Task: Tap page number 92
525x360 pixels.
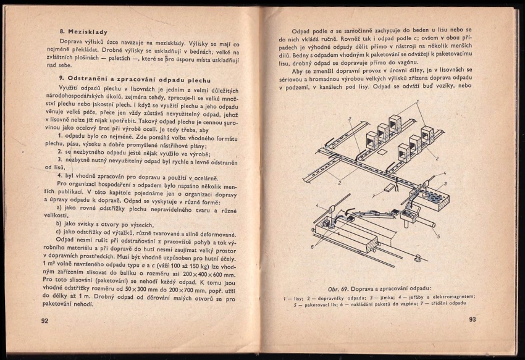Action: [x=44, y=320]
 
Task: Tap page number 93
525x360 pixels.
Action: [x=472, y=319]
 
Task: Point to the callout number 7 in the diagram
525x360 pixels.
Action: [x=374, y=196]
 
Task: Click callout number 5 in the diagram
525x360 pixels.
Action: [x=439, y=236]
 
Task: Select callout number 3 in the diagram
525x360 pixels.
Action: [x=445, y=183]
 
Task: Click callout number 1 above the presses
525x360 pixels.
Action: [x=418, y=102]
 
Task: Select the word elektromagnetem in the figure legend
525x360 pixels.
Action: [x=454, y=298]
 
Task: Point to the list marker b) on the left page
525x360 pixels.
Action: [x=59, y=224]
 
